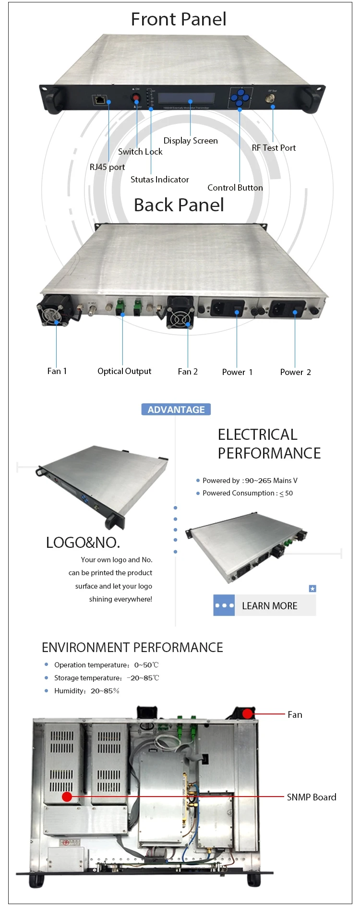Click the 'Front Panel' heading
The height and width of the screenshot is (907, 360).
pos(179,19)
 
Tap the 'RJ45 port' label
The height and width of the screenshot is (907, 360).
pos(107,167)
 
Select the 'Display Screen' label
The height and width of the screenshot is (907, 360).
pos(191,141)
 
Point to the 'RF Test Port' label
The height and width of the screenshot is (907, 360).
pos(274,148)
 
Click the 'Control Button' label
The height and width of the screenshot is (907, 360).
pos(235,188)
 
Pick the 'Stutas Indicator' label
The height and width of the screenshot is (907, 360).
pos(159,180)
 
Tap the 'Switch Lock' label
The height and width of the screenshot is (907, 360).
pos(140,152)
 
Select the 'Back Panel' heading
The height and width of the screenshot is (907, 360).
pos(179,205)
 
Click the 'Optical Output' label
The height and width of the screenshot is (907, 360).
pos(124,371)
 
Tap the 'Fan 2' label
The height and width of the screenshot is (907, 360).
pos(188,372)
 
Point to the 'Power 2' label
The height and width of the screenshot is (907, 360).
pos(295,372)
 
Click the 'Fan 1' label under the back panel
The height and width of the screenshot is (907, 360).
pos(57,371)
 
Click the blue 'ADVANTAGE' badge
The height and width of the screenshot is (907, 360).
pos(176,410)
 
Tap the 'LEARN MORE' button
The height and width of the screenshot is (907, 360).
pos(269,606)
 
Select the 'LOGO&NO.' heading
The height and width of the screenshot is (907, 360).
pos(83,543)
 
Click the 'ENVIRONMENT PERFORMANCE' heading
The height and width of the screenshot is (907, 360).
pos(132,648)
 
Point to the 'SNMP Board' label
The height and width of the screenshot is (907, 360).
pos(311,798)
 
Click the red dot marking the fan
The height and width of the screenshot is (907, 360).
pos(247,714)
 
